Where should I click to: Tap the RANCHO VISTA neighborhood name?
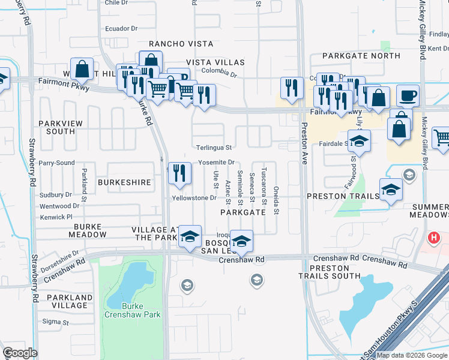coord(172,44)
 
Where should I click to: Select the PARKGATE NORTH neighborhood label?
coord(361,56)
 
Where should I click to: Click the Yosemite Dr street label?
coord(216,163)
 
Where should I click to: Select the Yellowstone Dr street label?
coord(193,197)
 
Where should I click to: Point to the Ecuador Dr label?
coord(121,28)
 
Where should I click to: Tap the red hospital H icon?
coord(433,238)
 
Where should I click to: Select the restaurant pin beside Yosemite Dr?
coord(179,173)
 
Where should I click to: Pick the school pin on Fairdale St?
coord(359,141)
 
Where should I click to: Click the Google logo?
coord(20,353)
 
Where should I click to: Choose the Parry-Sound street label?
coord(56,163)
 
